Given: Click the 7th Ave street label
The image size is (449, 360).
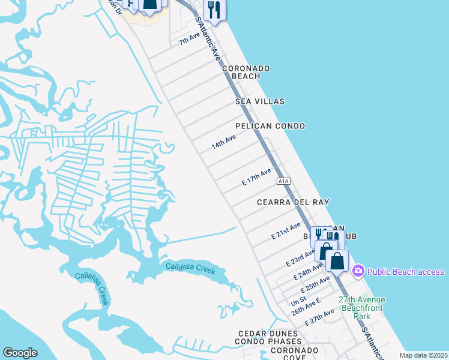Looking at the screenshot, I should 189,39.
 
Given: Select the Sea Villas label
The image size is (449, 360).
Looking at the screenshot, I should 260,102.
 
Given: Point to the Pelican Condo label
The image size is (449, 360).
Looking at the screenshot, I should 270,126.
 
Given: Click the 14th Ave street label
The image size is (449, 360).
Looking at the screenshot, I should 223,142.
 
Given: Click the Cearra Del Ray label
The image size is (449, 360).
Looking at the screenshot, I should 293,203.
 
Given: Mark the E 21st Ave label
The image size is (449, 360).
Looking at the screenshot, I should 286,231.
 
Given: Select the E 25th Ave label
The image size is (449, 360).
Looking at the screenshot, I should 315,283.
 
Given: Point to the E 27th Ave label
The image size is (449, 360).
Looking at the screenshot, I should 319,317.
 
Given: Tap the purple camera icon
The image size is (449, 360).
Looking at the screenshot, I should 358,272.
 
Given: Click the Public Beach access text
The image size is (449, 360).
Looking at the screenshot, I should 406,272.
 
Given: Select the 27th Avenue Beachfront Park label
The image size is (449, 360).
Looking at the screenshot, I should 361,307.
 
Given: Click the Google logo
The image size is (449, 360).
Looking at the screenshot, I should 20,352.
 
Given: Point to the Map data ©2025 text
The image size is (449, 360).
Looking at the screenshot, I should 423,355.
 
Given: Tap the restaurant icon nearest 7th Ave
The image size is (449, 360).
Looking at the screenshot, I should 214,9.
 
